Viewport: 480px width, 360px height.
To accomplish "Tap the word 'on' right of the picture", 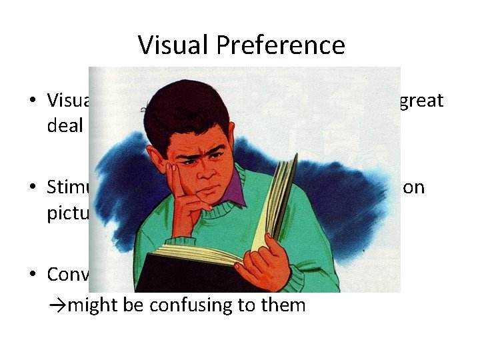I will click(415, 187).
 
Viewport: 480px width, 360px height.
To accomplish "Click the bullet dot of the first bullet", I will click(32, 101).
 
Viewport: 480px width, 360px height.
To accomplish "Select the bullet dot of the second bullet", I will click(32, 188).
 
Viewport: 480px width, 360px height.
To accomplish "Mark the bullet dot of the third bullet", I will click(32, 275).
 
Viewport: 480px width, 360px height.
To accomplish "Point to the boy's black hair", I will click(193, 107).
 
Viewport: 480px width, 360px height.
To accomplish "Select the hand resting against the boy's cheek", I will click(187, 200).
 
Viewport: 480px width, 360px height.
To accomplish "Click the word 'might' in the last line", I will click(87, 306).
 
